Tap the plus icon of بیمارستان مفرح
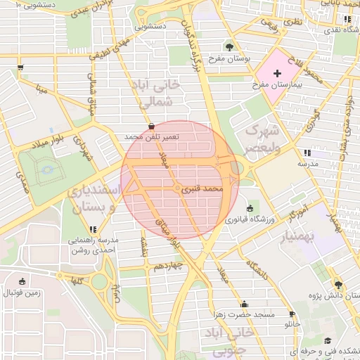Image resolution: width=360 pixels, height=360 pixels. [x=276, y=73]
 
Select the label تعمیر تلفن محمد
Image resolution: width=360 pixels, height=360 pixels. [x=152, y=136]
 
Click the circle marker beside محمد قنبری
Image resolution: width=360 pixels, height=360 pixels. [x=176, y=189]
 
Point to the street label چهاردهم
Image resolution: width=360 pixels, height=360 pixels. [x=169, y=266]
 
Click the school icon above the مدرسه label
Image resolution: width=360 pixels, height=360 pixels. [x=307, y=152]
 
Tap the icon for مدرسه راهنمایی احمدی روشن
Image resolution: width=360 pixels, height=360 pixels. [x=93, y=229]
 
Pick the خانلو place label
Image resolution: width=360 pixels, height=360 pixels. [x=290, y=325]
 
